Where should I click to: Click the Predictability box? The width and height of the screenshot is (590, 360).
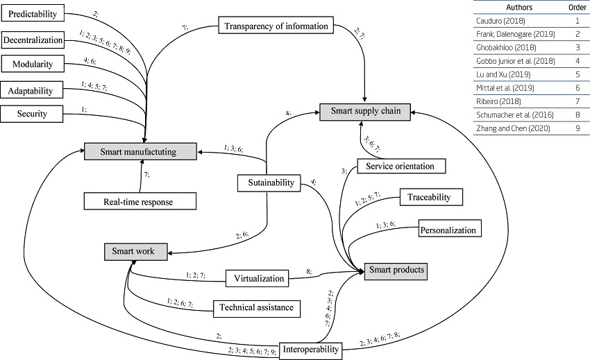pyautogui.click(x=33, y=14)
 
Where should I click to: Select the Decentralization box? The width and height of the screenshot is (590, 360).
pyautogui.click(x=33, y=39)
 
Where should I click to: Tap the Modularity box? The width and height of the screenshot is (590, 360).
pyautogui.click(x=33, y=65)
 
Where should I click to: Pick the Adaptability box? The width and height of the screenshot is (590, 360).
pyautogui.click(x=33, y=89)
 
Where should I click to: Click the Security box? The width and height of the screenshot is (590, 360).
pyautogui.click(x=33, y=112)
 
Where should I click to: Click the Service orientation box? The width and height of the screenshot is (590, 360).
pyautogui.click(x=401, y=166)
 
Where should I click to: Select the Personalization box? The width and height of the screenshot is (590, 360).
pyautogui.click(x=448, y=229)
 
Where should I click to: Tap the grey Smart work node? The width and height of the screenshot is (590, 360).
pyautogui.click(x=135, y=251)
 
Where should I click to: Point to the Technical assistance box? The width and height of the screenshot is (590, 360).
pyautogui.click(x=256, y=307)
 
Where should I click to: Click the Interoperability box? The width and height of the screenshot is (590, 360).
pyautogui.click(x=311, y=350)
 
